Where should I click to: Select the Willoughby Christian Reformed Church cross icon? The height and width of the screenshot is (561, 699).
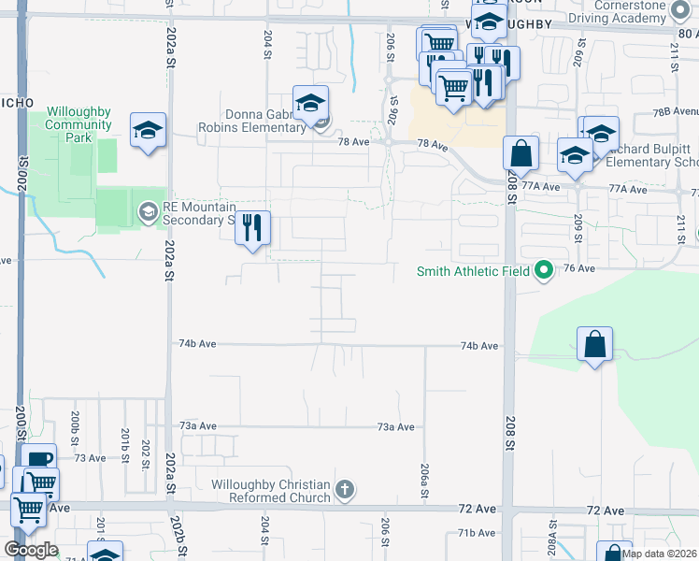345,489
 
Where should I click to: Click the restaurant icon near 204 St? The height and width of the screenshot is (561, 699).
252,227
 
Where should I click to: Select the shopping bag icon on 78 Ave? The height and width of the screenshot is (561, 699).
521,152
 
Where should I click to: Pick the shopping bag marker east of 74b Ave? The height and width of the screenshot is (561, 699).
594,344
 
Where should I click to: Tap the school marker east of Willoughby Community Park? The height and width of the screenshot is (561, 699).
148,130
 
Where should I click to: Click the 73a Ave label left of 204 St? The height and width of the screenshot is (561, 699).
198,426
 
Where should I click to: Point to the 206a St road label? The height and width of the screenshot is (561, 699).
424,474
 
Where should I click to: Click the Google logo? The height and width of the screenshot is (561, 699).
31,550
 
